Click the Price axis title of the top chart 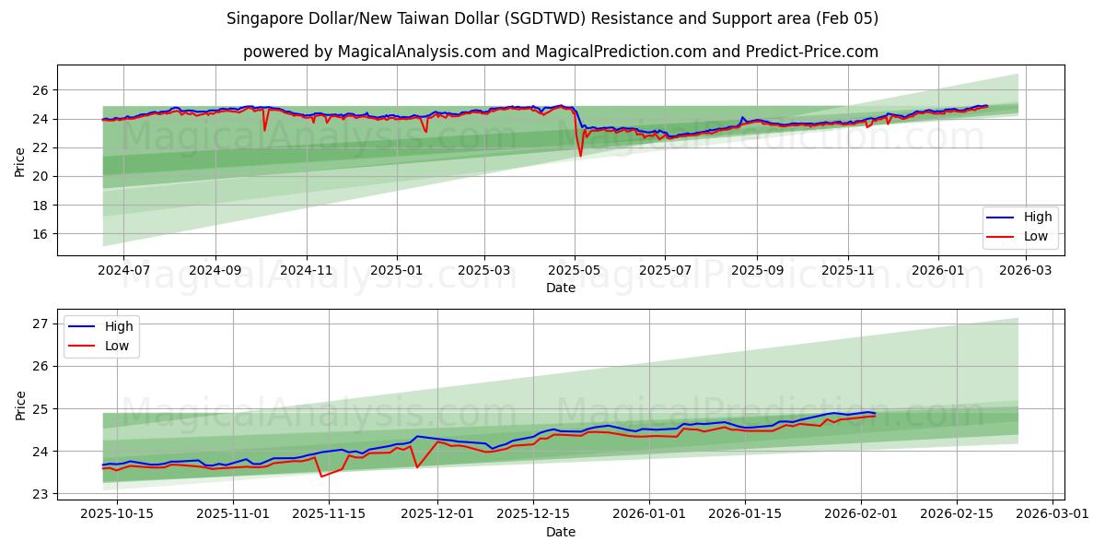point(20,161)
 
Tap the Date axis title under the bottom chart point(560,532)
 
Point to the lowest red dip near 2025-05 point(580,155)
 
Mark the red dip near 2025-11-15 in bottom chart point(320,476)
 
